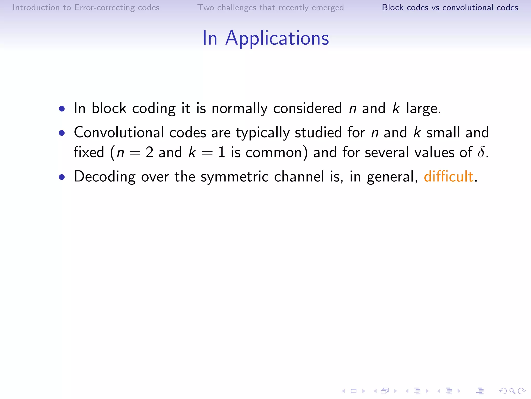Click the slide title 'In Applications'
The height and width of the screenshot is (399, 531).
point(265,38)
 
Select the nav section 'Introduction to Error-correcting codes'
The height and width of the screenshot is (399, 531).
point(86,8)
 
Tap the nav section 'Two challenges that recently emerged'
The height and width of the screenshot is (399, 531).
point(270,8)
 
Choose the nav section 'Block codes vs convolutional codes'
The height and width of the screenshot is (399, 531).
point(450,8)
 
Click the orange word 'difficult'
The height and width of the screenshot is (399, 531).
point(449,176)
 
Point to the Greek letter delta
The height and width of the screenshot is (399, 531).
point(481,152)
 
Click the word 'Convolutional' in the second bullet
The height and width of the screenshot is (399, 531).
point(119,132)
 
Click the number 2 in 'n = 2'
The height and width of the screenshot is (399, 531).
point(150,152)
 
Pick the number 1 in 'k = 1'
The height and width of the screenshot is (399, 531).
point(222,152)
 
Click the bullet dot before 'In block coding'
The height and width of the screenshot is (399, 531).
point(62,109)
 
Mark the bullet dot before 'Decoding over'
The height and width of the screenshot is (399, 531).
point(62,177)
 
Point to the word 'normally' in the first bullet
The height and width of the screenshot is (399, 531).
point(239,109)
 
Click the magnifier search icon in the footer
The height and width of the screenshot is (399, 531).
point(512,391)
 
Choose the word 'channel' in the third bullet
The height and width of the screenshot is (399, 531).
point(299,177)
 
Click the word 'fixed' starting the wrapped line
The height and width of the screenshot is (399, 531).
point(89,152)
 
